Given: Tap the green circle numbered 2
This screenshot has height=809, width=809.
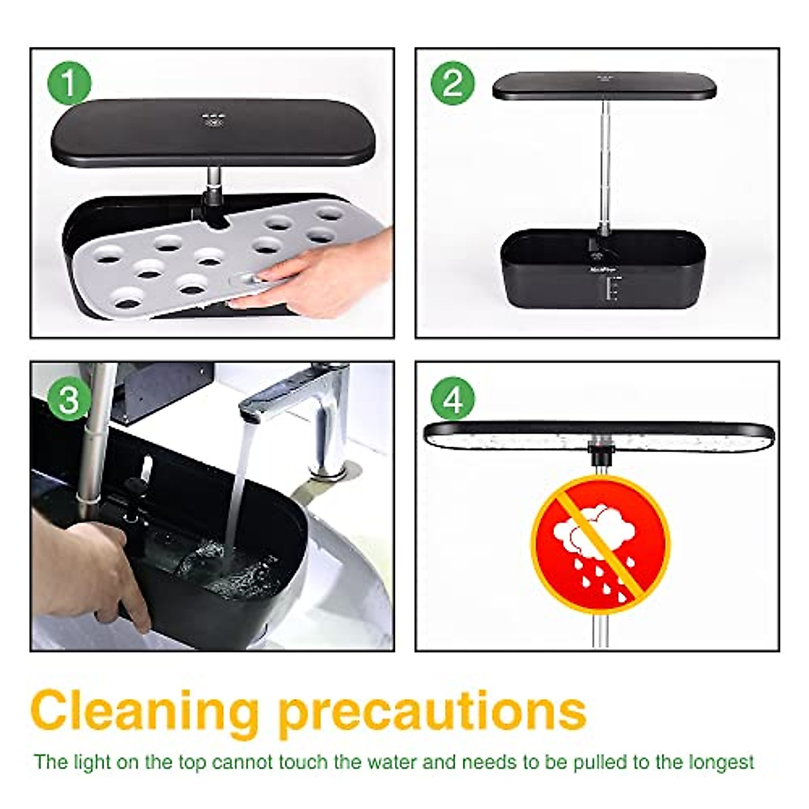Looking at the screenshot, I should pos(452,84).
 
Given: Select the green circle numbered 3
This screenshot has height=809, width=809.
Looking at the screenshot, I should pos(69,400).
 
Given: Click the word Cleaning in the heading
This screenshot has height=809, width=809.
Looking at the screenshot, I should pos(145,709).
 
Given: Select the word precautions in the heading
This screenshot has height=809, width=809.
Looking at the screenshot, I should pos(431,709).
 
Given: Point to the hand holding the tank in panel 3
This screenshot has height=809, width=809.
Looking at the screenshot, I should pos(101,566).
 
